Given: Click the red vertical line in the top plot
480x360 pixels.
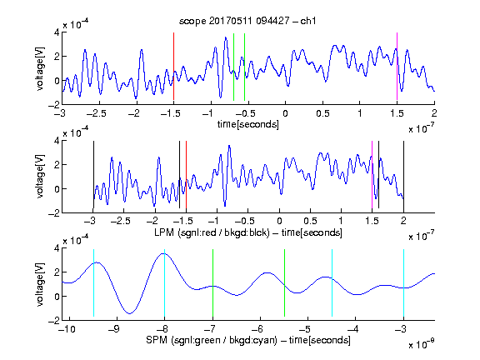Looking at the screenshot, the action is tap(173, 66).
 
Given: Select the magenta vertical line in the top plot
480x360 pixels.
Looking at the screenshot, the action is tap(397, 66).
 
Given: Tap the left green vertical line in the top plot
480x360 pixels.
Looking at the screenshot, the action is tap(233, 67).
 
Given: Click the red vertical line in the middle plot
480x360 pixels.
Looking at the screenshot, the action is tap(186, 174).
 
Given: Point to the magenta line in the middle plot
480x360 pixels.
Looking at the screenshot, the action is tap(372, 174).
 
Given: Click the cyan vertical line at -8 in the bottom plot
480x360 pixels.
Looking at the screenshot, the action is tap(165, 282).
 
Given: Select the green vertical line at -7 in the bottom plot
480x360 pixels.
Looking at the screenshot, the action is tap(212, 282).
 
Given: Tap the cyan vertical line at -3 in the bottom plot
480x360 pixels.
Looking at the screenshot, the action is tap(403, 282).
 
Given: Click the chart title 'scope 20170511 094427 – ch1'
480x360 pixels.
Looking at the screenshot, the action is tap(247, 21).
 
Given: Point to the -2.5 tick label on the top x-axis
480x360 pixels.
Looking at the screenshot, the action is tap(96, 113).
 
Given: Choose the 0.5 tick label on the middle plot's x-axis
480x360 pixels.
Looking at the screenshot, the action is tap(310, 221).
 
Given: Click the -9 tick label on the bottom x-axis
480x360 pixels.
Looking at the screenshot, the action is tap(113, 329).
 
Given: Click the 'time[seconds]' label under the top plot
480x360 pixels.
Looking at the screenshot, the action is tap(248, 124).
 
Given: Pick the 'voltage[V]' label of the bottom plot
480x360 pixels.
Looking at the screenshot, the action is tap(40, 284).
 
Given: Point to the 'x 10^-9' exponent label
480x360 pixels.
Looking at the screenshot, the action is tap(421, 344).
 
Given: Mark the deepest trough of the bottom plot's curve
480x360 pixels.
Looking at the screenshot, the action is tap(130, 313).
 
